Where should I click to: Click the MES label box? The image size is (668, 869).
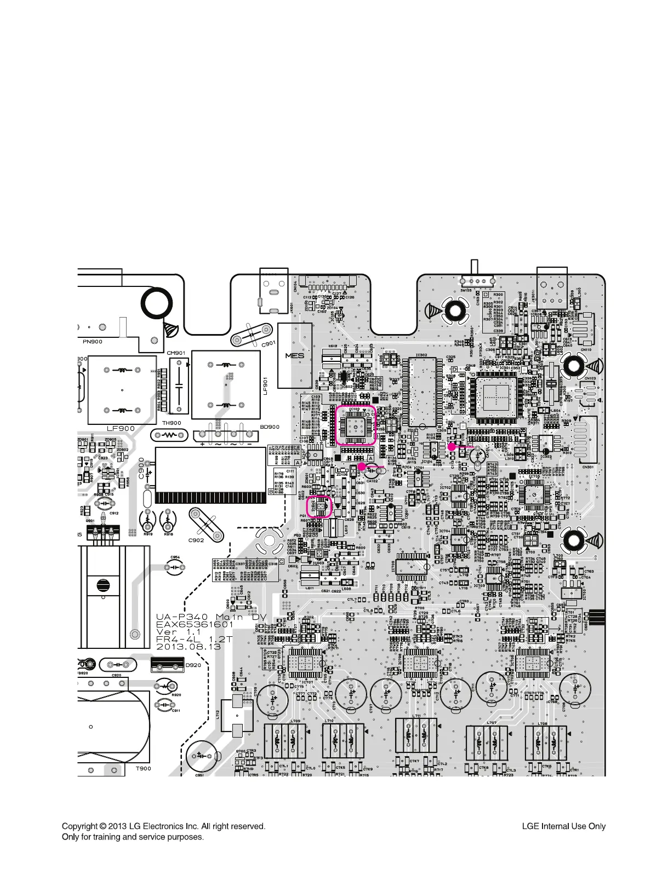point(294,355)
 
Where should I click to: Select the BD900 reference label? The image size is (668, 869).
point(269,427)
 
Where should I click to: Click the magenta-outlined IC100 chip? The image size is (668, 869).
point(355,425)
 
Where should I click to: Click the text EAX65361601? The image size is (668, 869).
point(195,624)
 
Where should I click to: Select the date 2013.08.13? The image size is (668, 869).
point(189,646)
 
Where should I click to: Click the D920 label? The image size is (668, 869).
point(193,665)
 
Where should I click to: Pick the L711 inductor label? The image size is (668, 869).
point(416,716)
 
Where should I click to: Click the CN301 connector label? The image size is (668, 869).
point(587,467)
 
